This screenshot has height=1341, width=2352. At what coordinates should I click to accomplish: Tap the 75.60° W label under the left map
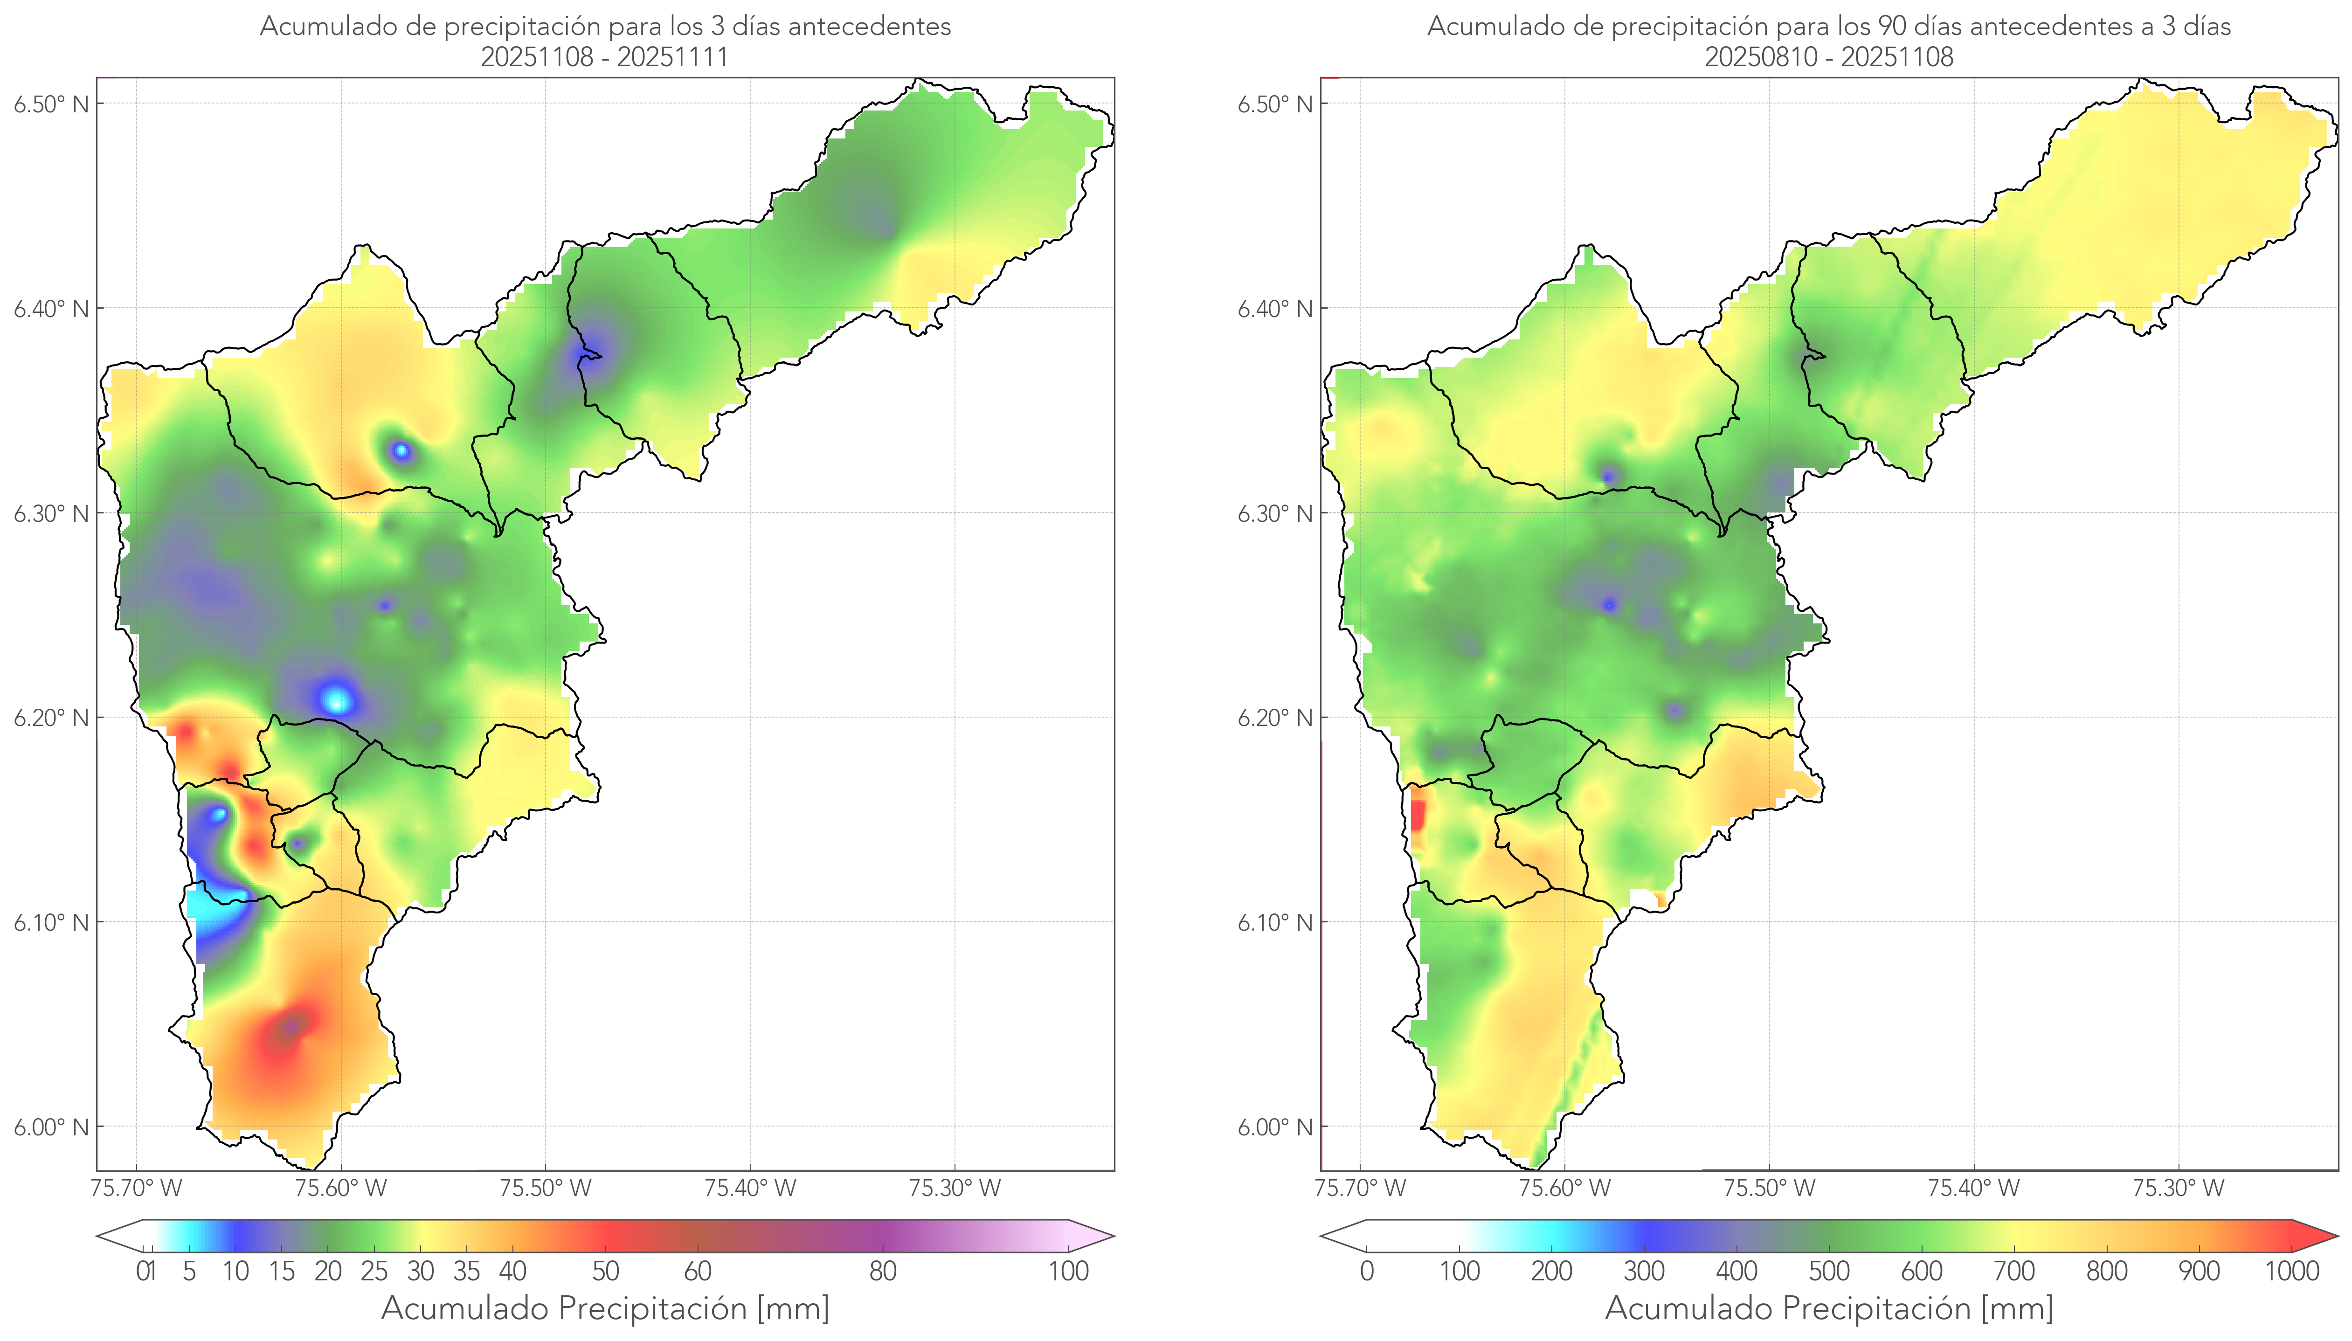click(x=341, y=1188)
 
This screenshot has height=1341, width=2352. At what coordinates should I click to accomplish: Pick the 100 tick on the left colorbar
click(x=1068, y=1271)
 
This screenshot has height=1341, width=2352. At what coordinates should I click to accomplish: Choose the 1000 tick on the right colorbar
click(x=2291, y=1271)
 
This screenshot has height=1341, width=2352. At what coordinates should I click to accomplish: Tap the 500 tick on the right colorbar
click(x=1829, y=1271)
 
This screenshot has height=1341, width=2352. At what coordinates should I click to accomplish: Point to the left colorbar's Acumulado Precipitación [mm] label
click(x=605, y=1308)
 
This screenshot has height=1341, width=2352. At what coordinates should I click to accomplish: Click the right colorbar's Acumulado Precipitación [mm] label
click(x=1829, y=1308)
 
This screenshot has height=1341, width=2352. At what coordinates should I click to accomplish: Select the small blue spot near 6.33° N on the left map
click(x=401, y=450)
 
